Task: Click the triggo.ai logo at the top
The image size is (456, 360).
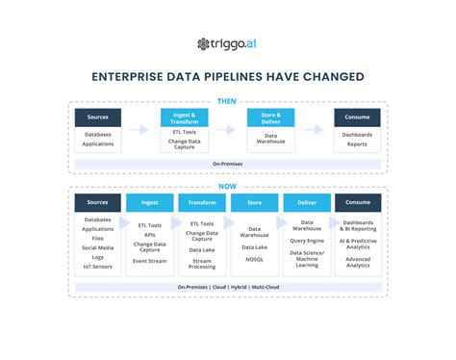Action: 228,43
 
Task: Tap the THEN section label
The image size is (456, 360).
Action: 228,99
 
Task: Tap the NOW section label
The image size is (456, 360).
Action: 228,186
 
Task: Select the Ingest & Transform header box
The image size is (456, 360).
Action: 183,117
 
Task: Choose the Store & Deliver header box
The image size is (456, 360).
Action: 271,117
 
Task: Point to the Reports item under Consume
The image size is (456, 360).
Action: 358,144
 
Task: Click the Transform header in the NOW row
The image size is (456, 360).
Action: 201,203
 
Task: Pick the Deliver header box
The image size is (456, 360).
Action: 306,203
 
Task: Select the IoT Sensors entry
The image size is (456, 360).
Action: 97,267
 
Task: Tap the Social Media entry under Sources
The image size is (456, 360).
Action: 97,247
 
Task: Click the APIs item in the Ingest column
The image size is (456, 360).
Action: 149,233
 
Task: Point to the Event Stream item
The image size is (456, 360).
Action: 149,261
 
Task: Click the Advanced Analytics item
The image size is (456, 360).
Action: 358,262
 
